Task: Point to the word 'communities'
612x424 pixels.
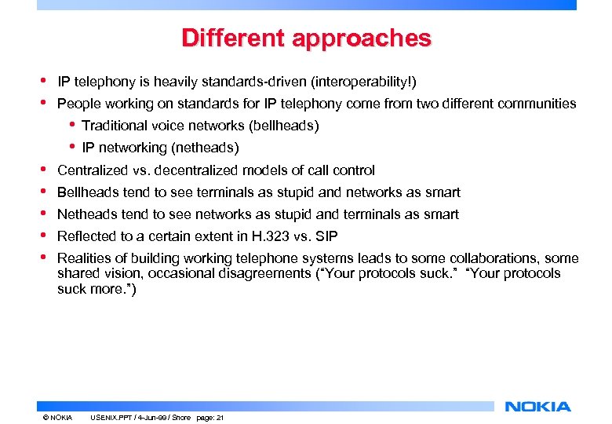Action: point(537,104)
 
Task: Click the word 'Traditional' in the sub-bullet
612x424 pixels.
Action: point(113,126)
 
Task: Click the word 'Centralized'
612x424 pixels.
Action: point(90,170)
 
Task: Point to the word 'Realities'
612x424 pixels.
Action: point(82,258)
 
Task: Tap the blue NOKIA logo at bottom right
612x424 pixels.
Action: point(537,406)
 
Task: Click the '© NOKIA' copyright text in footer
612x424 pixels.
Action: point(57,417)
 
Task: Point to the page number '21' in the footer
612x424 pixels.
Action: point(220,417)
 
